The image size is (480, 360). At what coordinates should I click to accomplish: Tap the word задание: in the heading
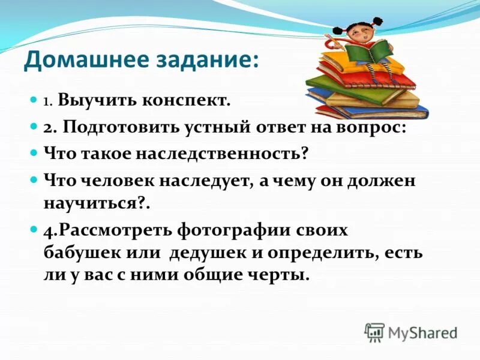[203, 60]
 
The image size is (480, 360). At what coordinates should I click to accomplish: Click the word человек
[117, 180]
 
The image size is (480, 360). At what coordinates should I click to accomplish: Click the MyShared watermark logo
[410, 332]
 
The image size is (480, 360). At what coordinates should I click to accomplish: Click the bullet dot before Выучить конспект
[34, 101]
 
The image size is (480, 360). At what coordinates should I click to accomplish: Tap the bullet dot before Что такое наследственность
[34, 154]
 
